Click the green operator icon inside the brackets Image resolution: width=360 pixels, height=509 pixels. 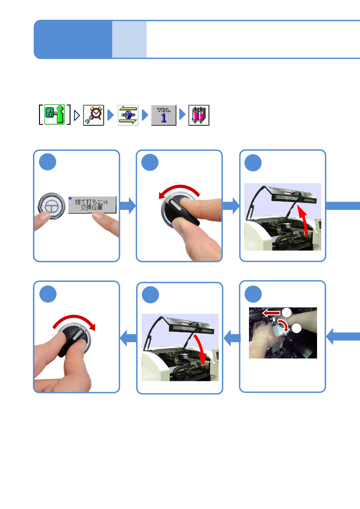[55, 115]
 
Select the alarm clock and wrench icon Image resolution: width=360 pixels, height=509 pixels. [93, 115]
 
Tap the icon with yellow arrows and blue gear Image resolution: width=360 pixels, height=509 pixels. [128, 115]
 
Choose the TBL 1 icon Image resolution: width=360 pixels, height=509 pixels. [164, 115]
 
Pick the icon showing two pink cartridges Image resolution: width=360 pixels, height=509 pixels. [199, 115]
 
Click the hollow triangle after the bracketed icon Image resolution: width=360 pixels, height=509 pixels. [77, 115]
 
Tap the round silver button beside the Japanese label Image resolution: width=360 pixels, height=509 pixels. [52, 206]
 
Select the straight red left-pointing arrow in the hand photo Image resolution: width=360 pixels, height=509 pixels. [271, 313]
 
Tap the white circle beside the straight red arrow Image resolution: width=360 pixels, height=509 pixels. [287, 313]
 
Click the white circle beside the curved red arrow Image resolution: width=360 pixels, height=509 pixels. [296, 328]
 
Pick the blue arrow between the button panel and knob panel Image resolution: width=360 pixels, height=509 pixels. [128, 206]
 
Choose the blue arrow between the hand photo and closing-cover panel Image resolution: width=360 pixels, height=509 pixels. [232, 338]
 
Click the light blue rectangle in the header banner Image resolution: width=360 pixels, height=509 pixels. [129, 39]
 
